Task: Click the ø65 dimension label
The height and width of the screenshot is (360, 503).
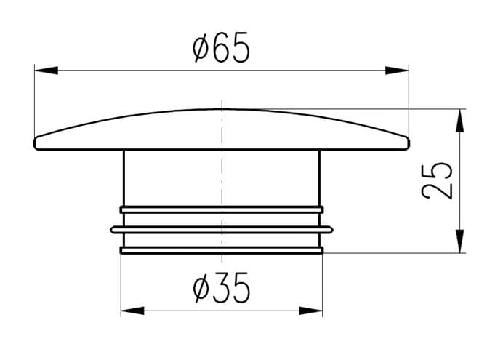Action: (x=221, y=47)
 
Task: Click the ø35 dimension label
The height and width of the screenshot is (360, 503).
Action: (x=221, y=287)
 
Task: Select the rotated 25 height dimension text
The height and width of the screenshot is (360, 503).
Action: (x=437, y=180)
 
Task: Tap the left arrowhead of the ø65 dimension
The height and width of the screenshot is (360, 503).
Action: (x=47, y=71)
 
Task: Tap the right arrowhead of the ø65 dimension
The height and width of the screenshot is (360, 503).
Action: (x=397, y=71)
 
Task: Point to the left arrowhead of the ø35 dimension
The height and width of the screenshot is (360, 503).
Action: (x=132, y=311)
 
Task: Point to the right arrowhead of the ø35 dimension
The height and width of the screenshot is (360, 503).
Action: (x=311, y=311)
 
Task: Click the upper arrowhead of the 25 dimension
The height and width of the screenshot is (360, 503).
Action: (x=460, y=120)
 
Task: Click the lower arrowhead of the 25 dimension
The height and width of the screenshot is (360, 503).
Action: (x=460, y=241)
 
